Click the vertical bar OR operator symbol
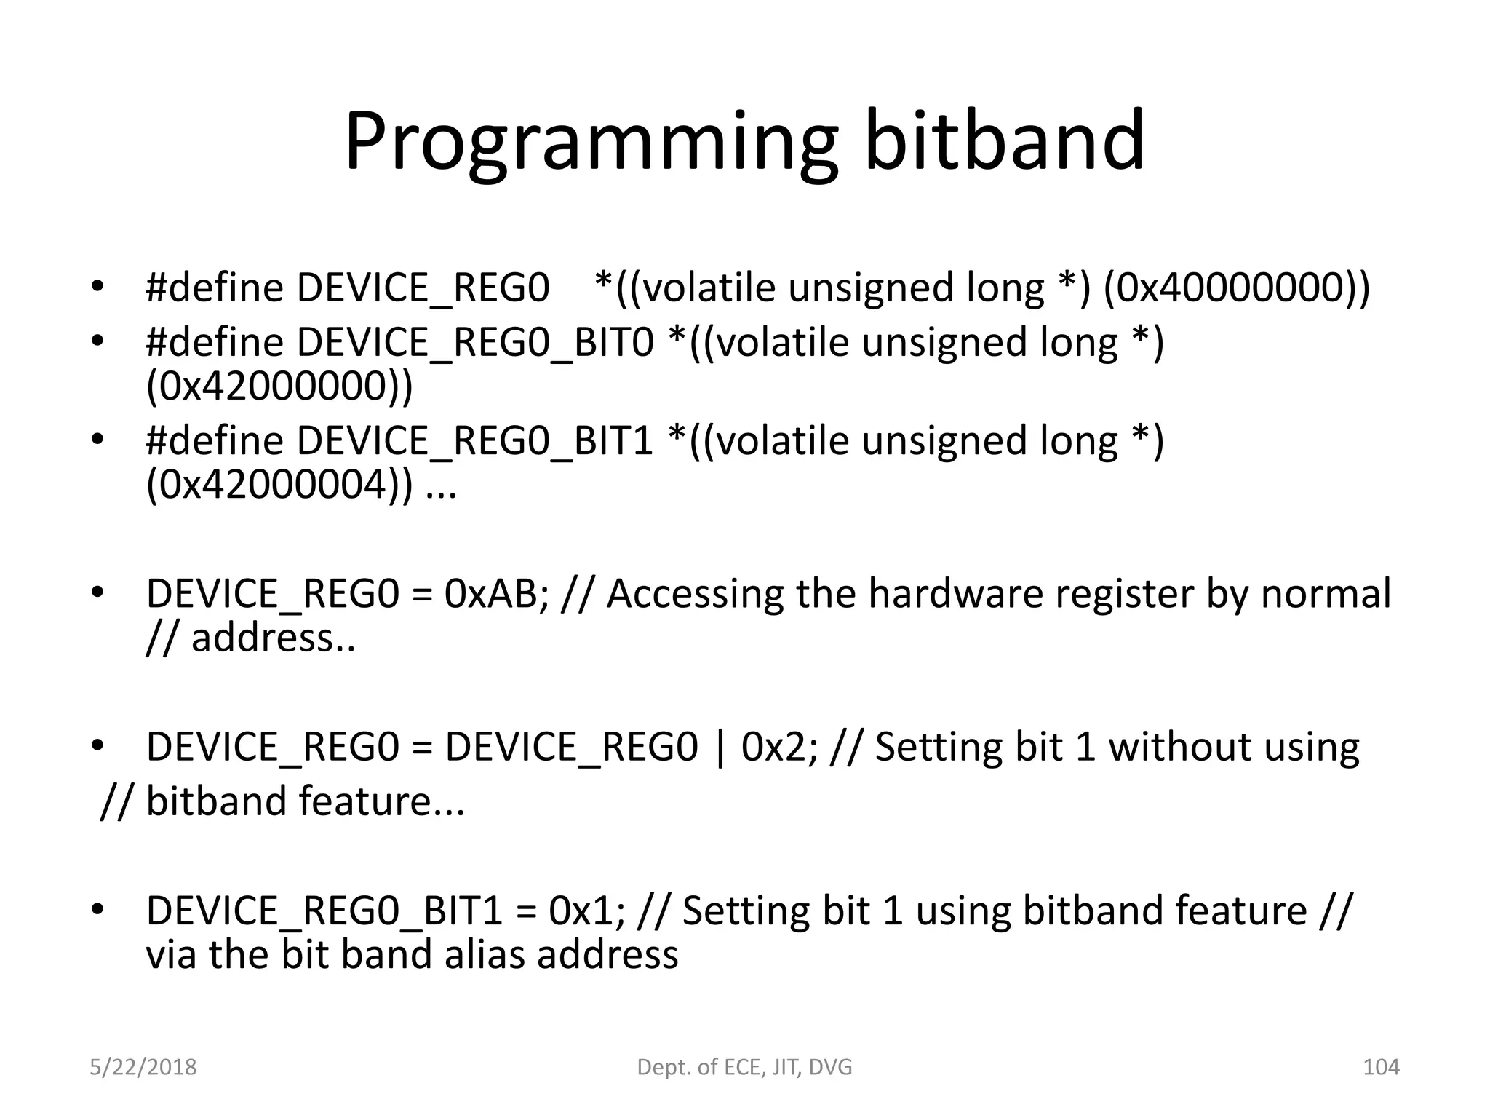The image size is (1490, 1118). (x=720, y=748)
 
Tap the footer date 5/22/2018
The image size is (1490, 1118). (x=143, y=1067)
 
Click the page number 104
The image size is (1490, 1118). (x=1380, y=1067)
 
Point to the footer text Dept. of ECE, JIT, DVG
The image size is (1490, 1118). (x=744, y=1067)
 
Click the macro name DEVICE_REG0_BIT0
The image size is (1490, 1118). (x=475, y=342)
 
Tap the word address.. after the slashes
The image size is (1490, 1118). (x=273, y=638)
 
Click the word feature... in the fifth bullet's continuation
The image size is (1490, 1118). (x=381, y=801)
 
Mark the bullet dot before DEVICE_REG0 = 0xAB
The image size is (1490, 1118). (x=97, y=593)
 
